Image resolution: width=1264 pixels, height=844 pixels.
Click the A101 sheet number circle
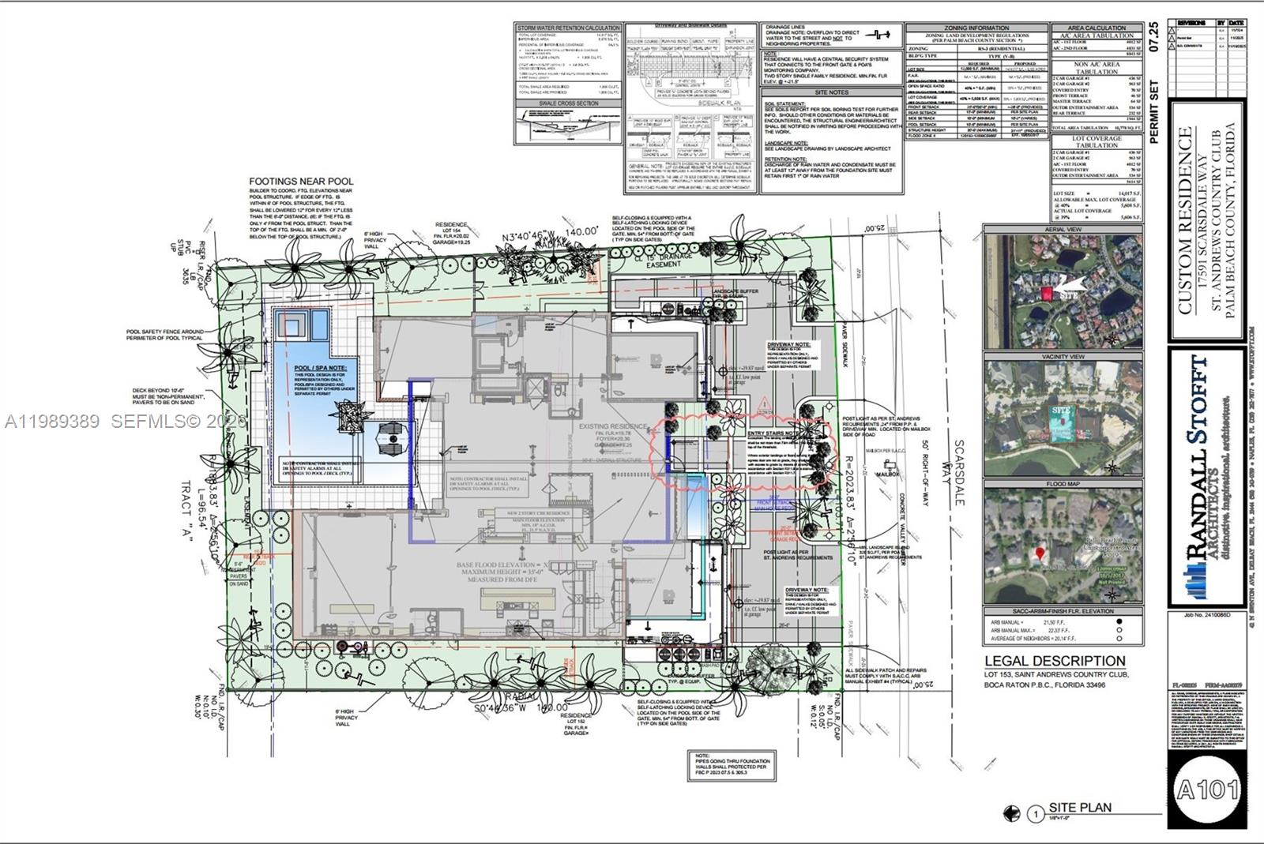[1207, 789]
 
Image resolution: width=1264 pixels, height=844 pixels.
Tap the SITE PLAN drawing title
[1079, 808]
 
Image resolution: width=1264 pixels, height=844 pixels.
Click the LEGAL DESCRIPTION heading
[1054, 661]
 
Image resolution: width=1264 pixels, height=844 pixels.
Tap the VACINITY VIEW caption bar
[1063, 357]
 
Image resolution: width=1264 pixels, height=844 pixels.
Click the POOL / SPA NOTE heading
[314, 368]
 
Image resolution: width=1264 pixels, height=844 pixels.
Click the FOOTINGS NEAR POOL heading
[301, 182]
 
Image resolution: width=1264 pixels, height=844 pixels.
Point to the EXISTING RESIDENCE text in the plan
[612, 426]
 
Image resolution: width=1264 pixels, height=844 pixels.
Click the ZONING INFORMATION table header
[976, 28]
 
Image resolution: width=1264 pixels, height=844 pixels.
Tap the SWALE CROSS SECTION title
[568, 103]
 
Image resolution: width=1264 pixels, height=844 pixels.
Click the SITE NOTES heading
[832, 92]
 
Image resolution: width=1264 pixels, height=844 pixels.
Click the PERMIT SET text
[1154, 111]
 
